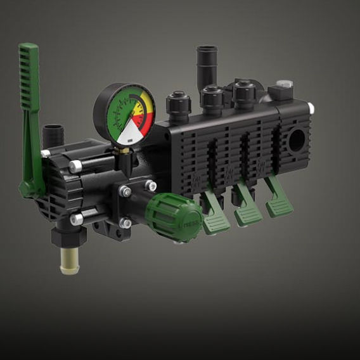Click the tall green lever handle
click(x=29, y=95)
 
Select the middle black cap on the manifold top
click(x=210, y=96)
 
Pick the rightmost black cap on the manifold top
click(x=243, y=93)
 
